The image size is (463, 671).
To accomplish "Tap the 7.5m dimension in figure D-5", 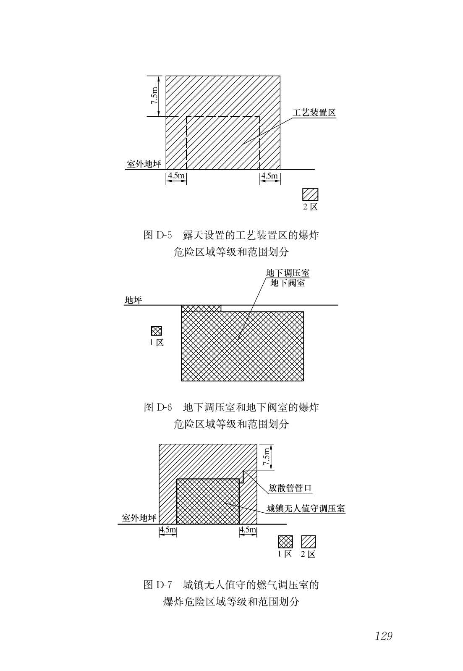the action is pos(154,96).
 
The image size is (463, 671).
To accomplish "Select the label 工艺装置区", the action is pos(314,113).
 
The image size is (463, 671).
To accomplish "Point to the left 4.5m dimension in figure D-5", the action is pos(176,175).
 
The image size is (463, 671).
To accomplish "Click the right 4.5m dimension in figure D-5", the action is pos(269,175).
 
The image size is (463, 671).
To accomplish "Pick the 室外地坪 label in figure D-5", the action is pos(144,164).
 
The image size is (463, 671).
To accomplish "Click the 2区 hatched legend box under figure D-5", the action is pos(310,194).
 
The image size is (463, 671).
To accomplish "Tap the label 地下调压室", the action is pos(288,273).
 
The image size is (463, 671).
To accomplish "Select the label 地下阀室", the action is pos(288,283).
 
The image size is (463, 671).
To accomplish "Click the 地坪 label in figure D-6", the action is pos(133,300).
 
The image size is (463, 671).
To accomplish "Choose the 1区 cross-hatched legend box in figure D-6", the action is pos(156,331).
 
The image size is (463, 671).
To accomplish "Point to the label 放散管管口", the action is pos(290,488).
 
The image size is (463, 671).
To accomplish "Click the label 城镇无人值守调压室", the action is pos(306,508).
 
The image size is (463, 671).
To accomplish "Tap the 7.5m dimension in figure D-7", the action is pos(267,457).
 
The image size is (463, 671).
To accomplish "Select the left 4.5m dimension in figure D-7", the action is pos(168,529).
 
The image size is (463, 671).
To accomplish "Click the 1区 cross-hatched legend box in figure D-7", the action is pos(285,542).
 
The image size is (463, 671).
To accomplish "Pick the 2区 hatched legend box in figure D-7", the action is pos(309,542).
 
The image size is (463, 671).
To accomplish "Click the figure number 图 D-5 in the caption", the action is pos(158,235).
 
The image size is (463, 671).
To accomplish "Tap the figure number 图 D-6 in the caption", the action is pos(158,407).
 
